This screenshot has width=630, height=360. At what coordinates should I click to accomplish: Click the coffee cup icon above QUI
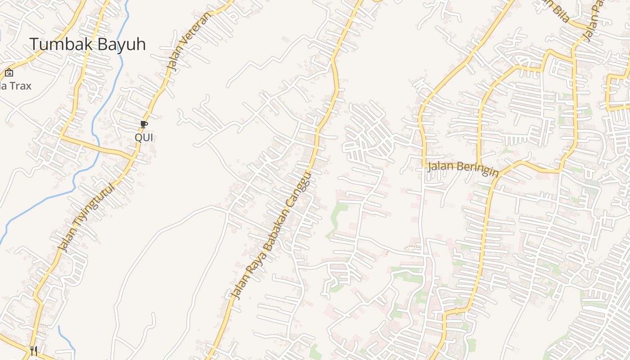pos(144,124)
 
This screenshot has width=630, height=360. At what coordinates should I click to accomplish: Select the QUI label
pos(144,137)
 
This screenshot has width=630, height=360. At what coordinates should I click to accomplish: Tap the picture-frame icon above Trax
pos(9,72)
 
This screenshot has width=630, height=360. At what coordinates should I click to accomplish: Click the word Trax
pos(20,85)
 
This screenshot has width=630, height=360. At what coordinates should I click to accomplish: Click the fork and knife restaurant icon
pos(33,350)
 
